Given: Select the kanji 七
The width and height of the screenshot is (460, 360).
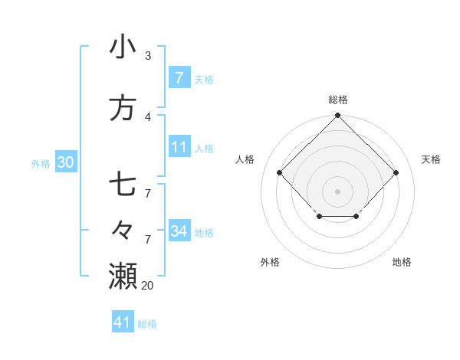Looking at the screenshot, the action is pyautogui.click(x=123, y=185).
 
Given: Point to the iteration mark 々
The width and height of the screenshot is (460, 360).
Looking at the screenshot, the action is pyautogui.click(x=123, y=229).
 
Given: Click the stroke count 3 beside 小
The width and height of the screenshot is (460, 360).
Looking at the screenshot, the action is pyautogui.click(x=148, y=56).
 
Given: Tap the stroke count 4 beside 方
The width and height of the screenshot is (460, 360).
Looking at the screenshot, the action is pyautogui.click(x=148, y=117).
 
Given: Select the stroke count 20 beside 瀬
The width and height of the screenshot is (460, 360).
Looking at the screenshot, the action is pyautogui.click(x=147, y=285).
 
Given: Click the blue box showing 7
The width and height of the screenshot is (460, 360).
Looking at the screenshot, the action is pyautogui.click(x=179, y=78).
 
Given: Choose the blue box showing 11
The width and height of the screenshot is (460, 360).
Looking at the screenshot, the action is pyautogui.click(x=179, y=147).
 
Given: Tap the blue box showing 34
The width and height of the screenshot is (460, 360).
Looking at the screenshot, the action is pyautogui.click(x=179, y=231).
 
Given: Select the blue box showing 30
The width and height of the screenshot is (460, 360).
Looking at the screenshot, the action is pyautogui.click(x=65, y=162).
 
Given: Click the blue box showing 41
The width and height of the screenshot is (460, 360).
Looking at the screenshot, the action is pyautogui.click(x=123, y=322).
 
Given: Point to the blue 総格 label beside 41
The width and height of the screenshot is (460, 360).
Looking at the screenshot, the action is pyautogui.click(x=147, y=324).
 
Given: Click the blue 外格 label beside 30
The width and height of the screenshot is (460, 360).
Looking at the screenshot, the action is pyautogui.click(x=41, y=163).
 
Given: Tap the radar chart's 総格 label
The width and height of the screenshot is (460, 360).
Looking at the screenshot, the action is pyautogui.click(x=337, y=100).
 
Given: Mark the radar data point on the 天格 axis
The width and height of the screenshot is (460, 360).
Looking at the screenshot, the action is pyautogui.click(x=396, y=173).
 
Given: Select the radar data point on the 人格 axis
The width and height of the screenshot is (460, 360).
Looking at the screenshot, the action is pyautogui.click(x=279, y=173).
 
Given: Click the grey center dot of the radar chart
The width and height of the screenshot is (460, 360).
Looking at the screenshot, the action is pyautogui.click(x=337, y=191).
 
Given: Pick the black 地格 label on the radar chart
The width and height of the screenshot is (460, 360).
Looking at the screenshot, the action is pyautogui.click(x=402, y=262).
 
